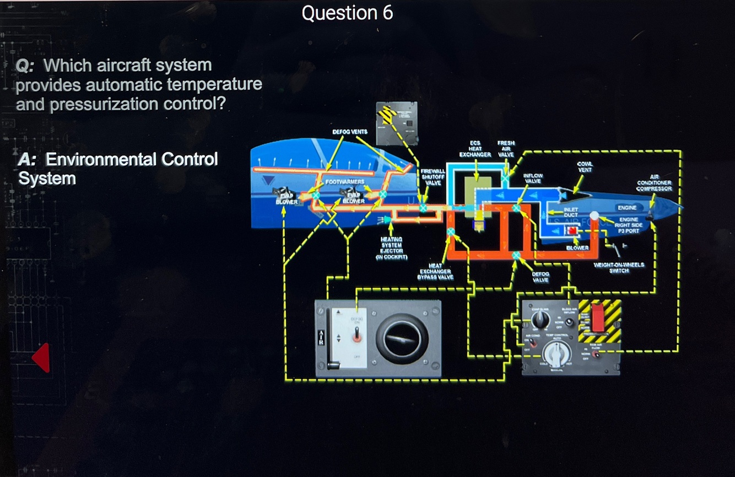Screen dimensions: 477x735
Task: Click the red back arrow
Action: [x=41, y=357]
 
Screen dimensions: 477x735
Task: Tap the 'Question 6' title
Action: [x=347, y=13]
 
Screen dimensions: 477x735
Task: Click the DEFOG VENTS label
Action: [x=349, y=132]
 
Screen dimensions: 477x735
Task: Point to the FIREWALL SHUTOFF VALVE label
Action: [x=433, y=177]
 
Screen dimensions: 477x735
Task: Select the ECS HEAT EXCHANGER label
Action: [x=475, y=149]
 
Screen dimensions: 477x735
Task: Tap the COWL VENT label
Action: [x=585, y=167]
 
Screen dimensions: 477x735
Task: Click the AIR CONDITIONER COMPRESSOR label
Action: [x=654, y=182]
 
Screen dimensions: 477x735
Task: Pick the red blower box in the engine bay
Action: [x=572, y=231]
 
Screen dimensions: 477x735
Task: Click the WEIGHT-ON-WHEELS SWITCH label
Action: [x=619, y=268]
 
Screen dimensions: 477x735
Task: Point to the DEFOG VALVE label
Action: [x=540, y=277]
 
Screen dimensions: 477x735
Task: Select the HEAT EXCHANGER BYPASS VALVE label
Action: [x=435, y=272]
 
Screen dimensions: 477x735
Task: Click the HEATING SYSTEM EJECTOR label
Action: [x=391, y=248]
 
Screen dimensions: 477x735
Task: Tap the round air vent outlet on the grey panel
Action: [x=402, y=338]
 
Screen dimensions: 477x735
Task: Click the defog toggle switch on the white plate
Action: [x=357, y=334]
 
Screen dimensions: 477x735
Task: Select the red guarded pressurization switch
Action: [x=597, y=316]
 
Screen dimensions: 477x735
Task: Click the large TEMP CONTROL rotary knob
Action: [x=557, y=351]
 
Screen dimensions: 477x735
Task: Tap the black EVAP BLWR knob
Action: [x=540, y=319]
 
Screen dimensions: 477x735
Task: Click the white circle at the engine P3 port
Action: [x=594, y=215]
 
